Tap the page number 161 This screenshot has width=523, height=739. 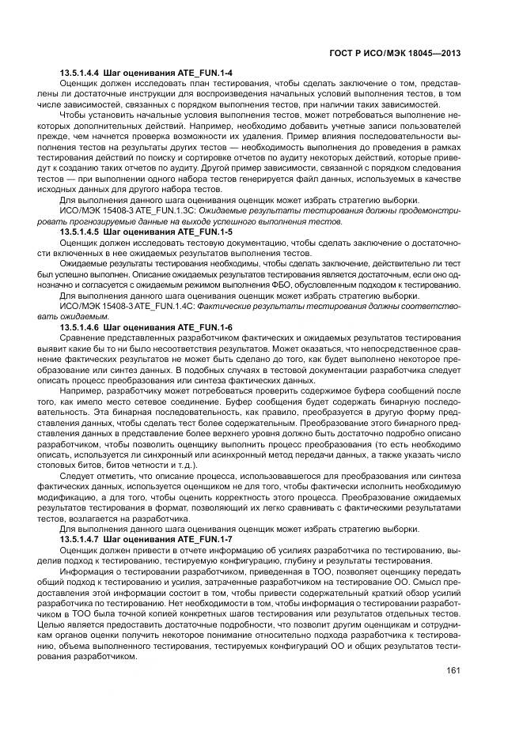tap(453, 672)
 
